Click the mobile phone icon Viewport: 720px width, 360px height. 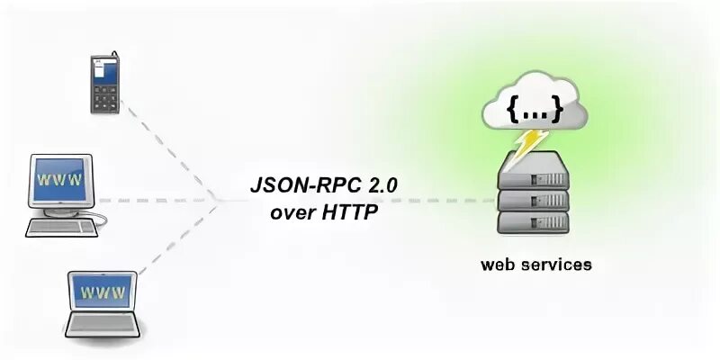pyautogui.click(x=103, y=84)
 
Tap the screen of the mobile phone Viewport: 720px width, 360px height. pyautogui.click(x=103, y=71)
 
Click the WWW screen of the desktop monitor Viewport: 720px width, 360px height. pyautogui.click(x=61, y=179)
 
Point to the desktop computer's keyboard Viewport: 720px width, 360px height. pyautogui.click(x=60, y=227)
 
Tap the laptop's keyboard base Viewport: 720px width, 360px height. pyautogui.click(x=105, y=324)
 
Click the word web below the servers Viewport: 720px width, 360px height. pyautogui.click(x=498, y=265)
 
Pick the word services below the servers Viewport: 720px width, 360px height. pyautogui.click(x=559, y=265)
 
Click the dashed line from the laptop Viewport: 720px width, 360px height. pyautogui.click(x=175, y=240)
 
